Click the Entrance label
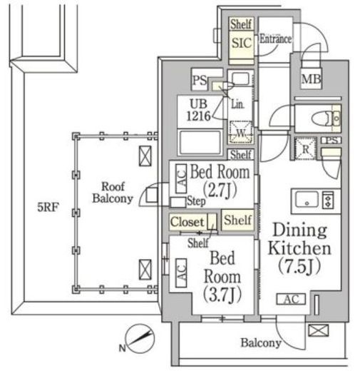pos(275,39)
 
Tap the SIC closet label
pos(242,43)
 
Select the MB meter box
pos(311,78)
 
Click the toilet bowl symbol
pos(321,118)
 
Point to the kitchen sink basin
pos(307,200)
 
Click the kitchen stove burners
pos(328,200)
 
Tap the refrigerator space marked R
pos(305,148)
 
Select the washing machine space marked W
pos(241,133)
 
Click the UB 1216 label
pos(199,110)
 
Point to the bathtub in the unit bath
pos(200,143)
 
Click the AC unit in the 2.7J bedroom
pos(181,178)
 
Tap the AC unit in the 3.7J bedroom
pos(181,273)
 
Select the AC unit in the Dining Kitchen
pos(291,299)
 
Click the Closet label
pos(187,222)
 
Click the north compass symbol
pos(140,339)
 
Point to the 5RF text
pos(48,207)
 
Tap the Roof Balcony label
pos(113,193)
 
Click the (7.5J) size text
pos(299,266)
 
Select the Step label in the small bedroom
pos(196,201)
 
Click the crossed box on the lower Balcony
pos(319,330)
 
